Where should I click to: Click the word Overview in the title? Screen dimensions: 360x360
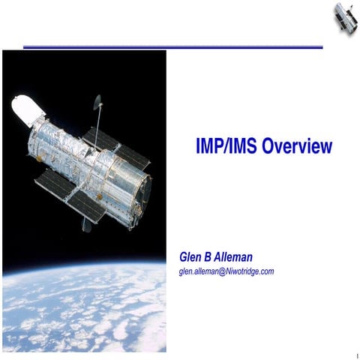[x=296, y=148]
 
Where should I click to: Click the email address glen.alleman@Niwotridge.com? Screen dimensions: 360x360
[x=226, y=271]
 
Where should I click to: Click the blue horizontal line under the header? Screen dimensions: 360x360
[x=172, y=47]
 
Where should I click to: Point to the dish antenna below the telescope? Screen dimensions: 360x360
[x=87, y=224]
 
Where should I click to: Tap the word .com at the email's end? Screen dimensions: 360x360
[x=265, y=271]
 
